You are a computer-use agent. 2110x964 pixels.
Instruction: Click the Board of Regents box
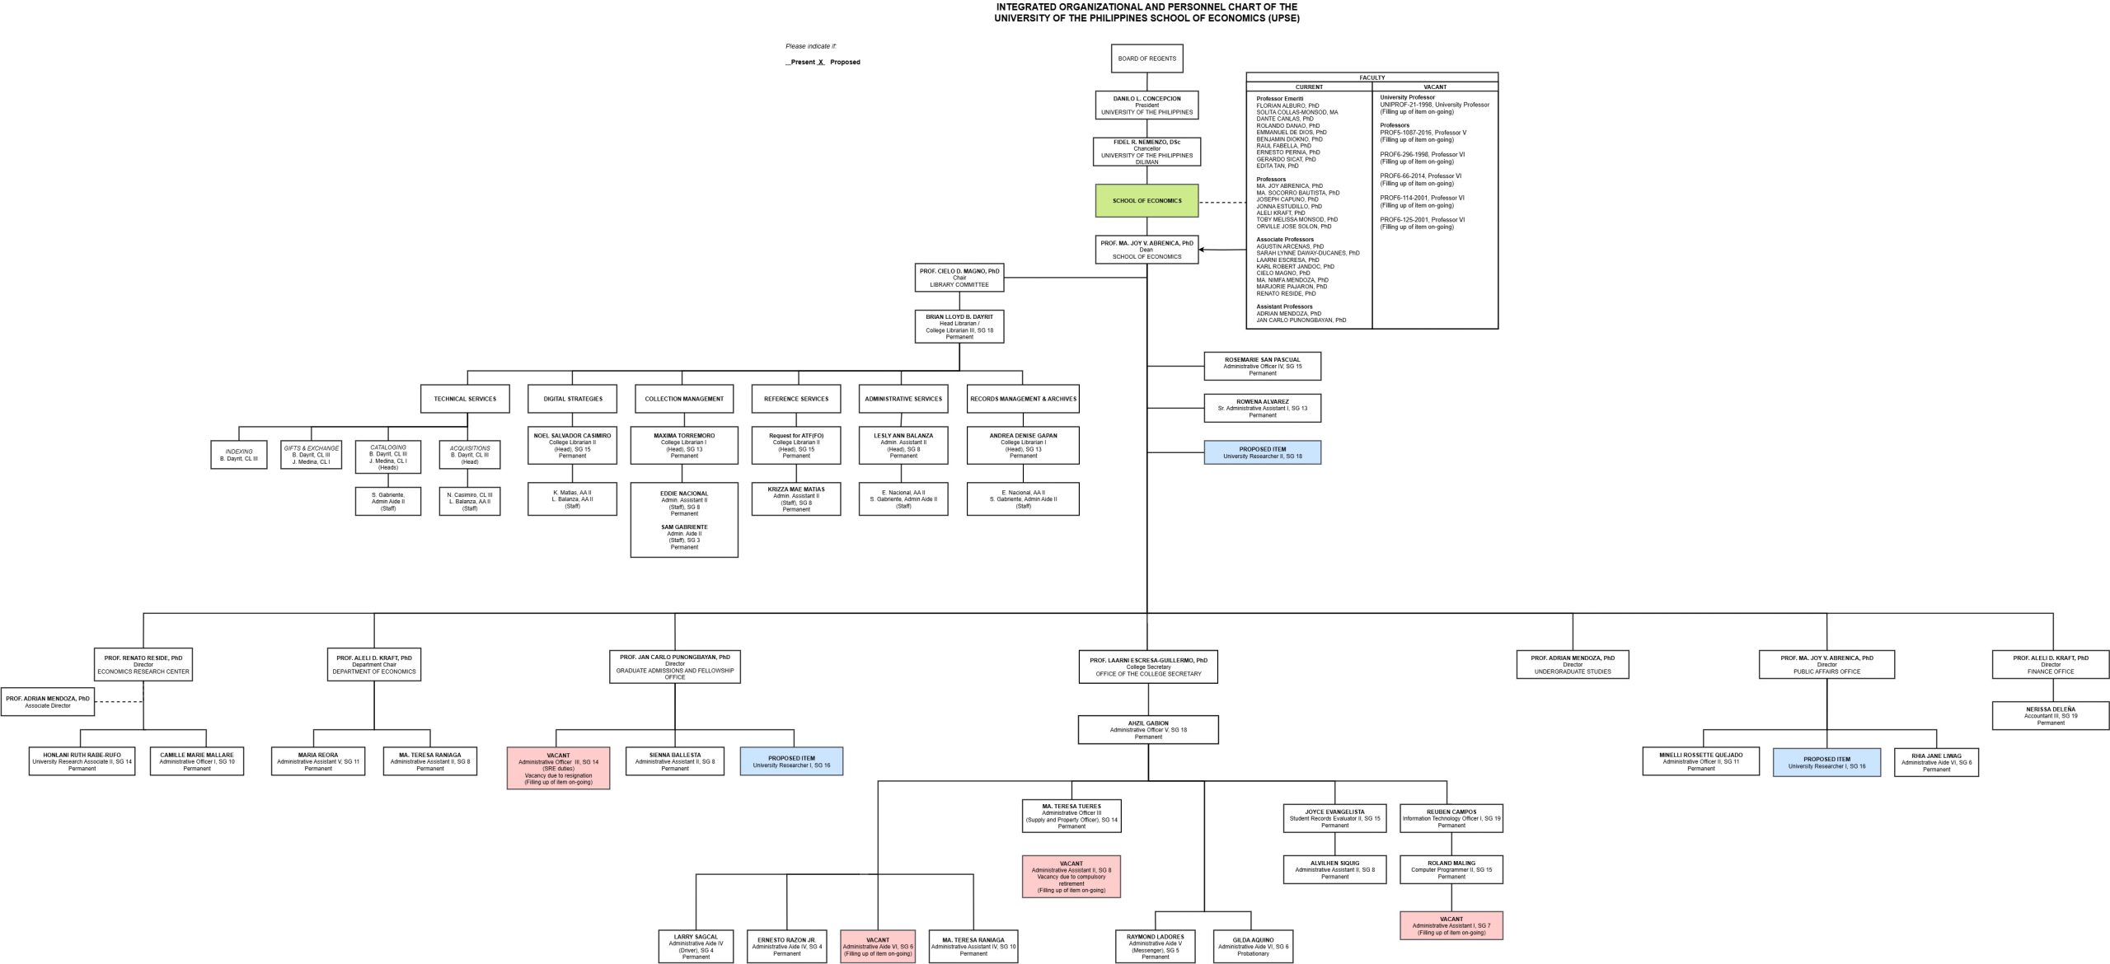pyautogui.click(x=1146, y=58)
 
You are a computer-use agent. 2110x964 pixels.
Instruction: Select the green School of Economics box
pyautogui.click(x=1146, y=201)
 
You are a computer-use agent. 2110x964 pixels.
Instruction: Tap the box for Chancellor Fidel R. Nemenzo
pyautogui.click(x=1146, y=152)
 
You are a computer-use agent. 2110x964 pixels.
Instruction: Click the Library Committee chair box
pyautogui.click(x=959, y=278)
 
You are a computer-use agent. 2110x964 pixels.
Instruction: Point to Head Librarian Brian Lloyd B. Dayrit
pyautogui.click(x=959, y=326)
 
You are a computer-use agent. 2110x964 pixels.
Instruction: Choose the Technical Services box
pyautogui.click(x=465, y=399)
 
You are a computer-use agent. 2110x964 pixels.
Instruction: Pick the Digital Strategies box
pyautogui.click(x=573, y=399)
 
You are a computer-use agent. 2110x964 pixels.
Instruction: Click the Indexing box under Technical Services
pyautogui.click(x=239, y=455)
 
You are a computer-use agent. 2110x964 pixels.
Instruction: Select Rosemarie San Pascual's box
pyautogui.click(x=1262, y=367)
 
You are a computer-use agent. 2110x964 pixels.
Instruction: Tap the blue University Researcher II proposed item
pyautogui.click(x=1262, y=452)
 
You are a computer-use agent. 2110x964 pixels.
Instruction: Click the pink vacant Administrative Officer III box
pyautogui.click(x=558, y=768)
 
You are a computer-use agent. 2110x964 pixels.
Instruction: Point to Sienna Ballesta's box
pyautogui.click(x=674, y=761)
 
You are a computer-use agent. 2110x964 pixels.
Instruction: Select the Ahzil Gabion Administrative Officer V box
pyautogui.click(x=1147, y=729)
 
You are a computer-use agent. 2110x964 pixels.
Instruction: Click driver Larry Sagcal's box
pyautogui.click(x=696, y=947)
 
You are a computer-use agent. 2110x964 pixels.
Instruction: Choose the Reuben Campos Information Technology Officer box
pyautogui.click(x=1451, y=818)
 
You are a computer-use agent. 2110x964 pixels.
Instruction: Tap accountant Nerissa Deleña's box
pyautogui.click(x=2051, y=716)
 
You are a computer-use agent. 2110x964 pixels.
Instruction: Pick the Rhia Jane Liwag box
pyautogui.click(x=1936, y=762)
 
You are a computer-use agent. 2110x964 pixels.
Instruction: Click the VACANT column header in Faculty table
pyautogui.click(x=1434, y=87)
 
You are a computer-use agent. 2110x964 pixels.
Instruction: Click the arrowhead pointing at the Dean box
pyautogui.click(x=1203, y=250)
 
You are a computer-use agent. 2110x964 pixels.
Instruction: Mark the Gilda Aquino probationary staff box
pyautogui.click(x=1253, y=947)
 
